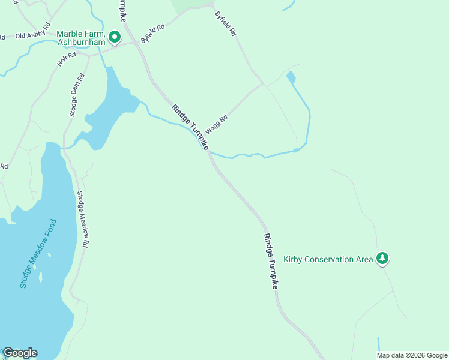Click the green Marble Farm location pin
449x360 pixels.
coord(115,37)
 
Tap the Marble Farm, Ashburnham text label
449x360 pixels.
coord(81,38)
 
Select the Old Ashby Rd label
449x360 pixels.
coord(30,35)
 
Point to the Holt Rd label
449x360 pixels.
coord(66,59)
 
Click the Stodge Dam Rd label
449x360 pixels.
coord(77,95)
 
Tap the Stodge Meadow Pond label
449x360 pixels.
coord(37,253)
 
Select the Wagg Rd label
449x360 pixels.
coord(217,124)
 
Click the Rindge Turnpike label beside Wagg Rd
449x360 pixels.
coord(190,127)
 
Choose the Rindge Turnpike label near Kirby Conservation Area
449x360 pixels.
coord(271,262)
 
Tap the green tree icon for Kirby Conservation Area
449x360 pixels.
coord(382,259)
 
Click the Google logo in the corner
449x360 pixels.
coord(20,353)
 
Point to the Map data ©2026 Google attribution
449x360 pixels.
coord(412,355)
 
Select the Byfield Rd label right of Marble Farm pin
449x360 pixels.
coord(152,34)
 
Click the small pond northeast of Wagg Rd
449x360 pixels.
coord(291,77)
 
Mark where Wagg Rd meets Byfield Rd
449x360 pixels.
coord(263,83)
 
